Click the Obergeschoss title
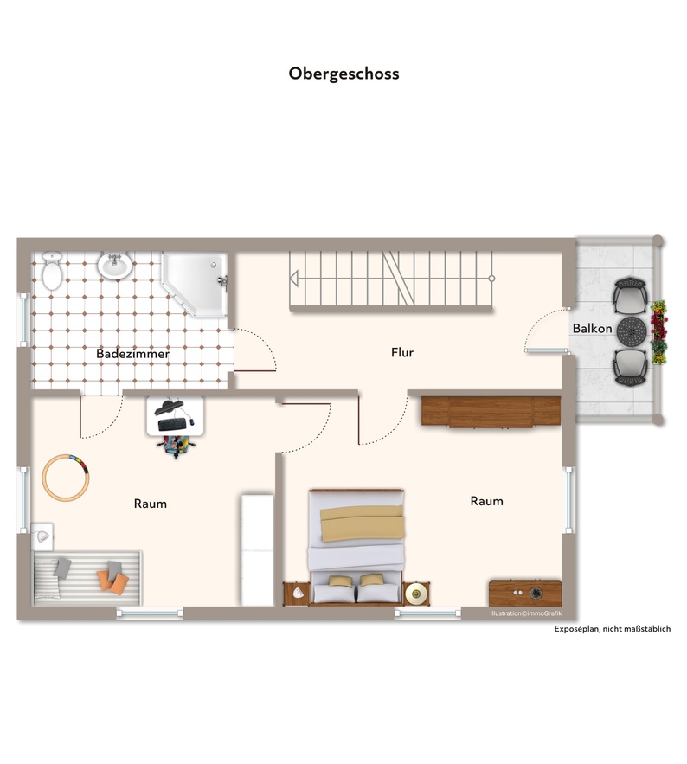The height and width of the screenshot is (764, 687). click(x=343, y=74)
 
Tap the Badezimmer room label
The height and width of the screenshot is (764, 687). click(x=132, y=354)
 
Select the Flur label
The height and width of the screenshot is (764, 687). click(x=402, y=352)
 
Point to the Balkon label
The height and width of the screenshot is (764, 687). click(x=592, y=329)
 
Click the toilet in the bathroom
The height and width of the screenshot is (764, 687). click(x=52, y=271)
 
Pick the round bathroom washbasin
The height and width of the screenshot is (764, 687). click(x=115, y=266)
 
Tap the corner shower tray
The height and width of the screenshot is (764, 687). click(x=195, y=284)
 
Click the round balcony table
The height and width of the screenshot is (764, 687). click(x=632, y=331)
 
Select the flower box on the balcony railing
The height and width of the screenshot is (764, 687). click(x=658, y=332)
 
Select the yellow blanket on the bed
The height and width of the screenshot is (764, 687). click(x=363, y=523)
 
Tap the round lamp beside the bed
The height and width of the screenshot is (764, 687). click(x=415, y=593)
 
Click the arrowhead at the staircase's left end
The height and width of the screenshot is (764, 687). click(x=294, y=279)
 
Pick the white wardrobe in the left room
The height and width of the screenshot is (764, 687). click(x=257, y=550)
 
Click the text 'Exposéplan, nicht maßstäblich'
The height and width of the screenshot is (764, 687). click(x=612, y=629)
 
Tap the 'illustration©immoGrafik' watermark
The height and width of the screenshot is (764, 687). click(x=526, y=613)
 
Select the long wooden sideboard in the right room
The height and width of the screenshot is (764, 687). click(x=491, y=412)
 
